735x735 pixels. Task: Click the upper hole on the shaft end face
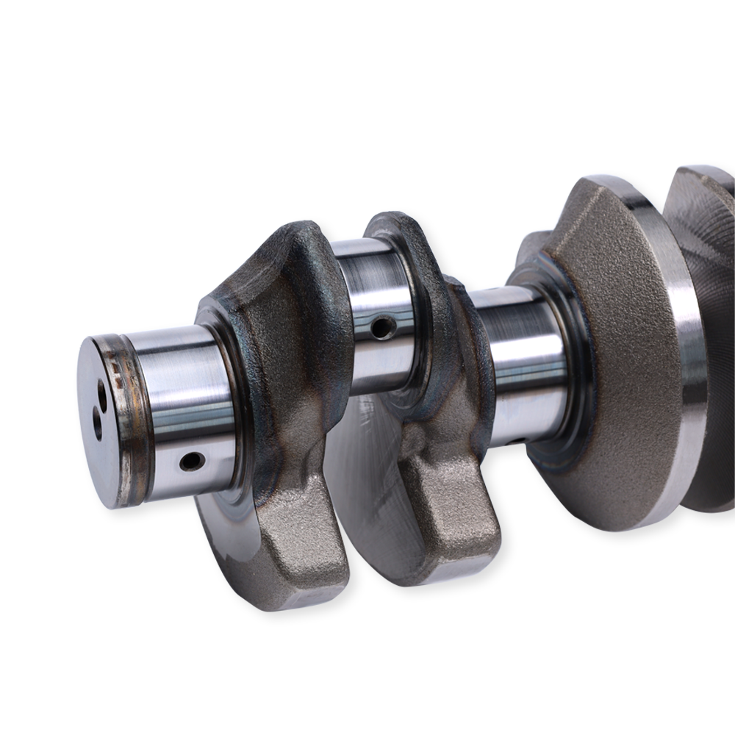(102, 398)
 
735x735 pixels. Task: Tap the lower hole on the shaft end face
(97, 423)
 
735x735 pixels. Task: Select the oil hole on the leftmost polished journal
(191, 462)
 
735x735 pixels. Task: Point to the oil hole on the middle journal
(382, 326)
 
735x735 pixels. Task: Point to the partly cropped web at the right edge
(709, 294)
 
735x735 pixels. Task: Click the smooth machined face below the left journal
(228, 529)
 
